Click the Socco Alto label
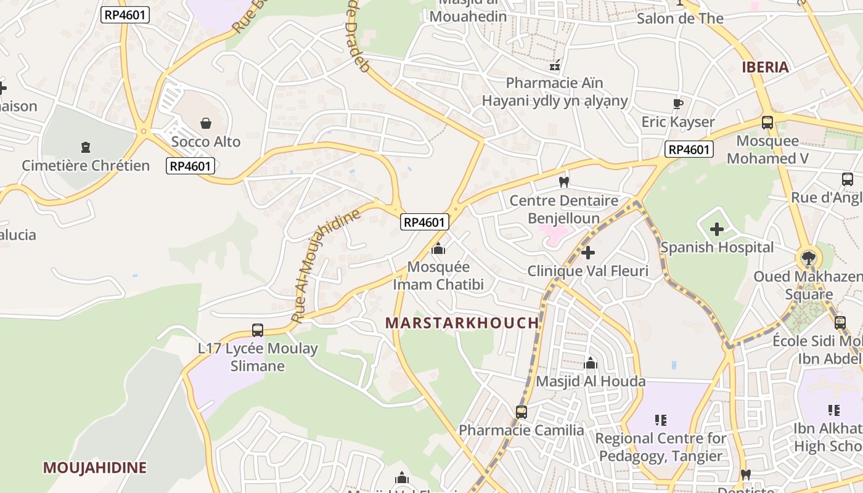(x=206, y=142)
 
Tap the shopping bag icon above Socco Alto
(x=206, y=123)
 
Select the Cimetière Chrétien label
(x=86, y=166)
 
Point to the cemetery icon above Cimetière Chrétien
(x=86, y=147)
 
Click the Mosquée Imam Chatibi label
(x=438, y=275)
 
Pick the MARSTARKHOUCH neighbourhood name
(x=462, y=323)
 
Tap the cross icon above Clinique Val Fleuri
(x=588, y=252)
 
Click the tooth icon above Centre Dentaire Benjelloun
(x=563, y=182)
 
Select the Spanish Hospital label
(x=717, y=248)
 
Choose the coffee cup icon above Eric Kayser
(x=678, y=104)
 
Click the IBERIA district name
(x=765, y=67)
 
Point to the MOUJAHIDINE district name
(x=94, y=468)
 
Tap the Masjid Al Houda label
(x=591, y=381)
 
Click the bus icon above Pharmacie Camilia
(x=521, y=412)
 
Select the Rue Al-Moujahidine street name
(x=325, y=266)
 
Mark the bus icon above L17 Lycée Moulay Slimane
(x=258, y=330)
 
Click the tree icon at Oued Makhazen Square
(x=808, y=258)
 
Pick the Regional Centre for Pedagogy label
(x=661, y=447)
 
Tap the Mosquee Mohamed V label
(x=767, y=150)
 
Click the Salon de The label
(x=680, y=18)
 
